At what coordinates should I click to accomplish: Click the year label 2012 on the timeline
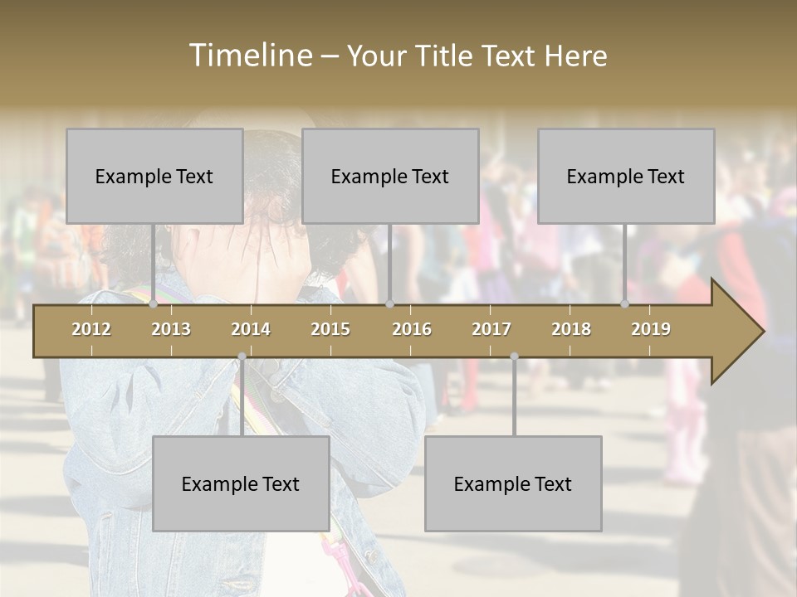pyautogui.click(x=91, y=329)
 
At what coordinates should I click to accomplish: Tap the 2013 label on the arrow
pyautogui.click(x=171, y=329)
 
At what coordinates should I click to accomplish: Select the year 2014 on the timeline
pyautogui.click(x=251, y=329)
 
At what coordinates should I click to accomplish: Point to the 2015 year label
pyautogui.click(x=330, y=329)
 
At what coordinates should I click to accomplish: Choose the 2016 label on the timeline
pyautogui.click(x=412, y=329)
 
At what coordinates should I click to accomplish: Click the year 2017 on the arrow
pyautogui.click(x=491, y=329)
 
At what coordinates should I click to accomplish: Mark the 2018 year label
pyautogui.click(x=571, y=329)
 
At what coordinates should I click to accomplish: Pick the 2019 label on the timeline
pyautogui.click(x=651, y=329)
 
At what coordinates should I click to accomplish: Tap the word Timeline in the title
pyautogui.click(x=250, y=56)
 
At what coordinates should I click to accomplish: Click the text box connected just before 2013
pyautogui.click(x=154, y=176)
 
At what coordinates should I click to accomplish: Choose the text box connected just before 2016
pyautogui.click(x=390, y=176)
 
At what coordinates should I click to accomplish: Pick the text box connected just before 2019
pyautogui.click(x=626, y=176)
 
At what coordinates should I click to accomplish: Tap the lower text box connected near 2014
pyautogui.click(x=241, y=483)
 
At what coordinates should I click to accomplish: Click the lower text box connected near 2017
pyautogui.click(x=513, y=483)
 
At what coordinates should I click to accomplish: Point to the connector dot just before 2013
pyautogui.click(x=154, y=304)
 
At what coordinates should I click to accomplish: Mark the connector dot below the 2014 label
pyautogui.click(x=242, y=357)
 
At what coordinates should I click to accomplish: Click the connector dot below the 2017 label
pyautogui.click(x=514, y=357)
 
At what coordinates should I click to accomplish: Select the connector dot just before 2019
pyautogui.click(x=625, y=304)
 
